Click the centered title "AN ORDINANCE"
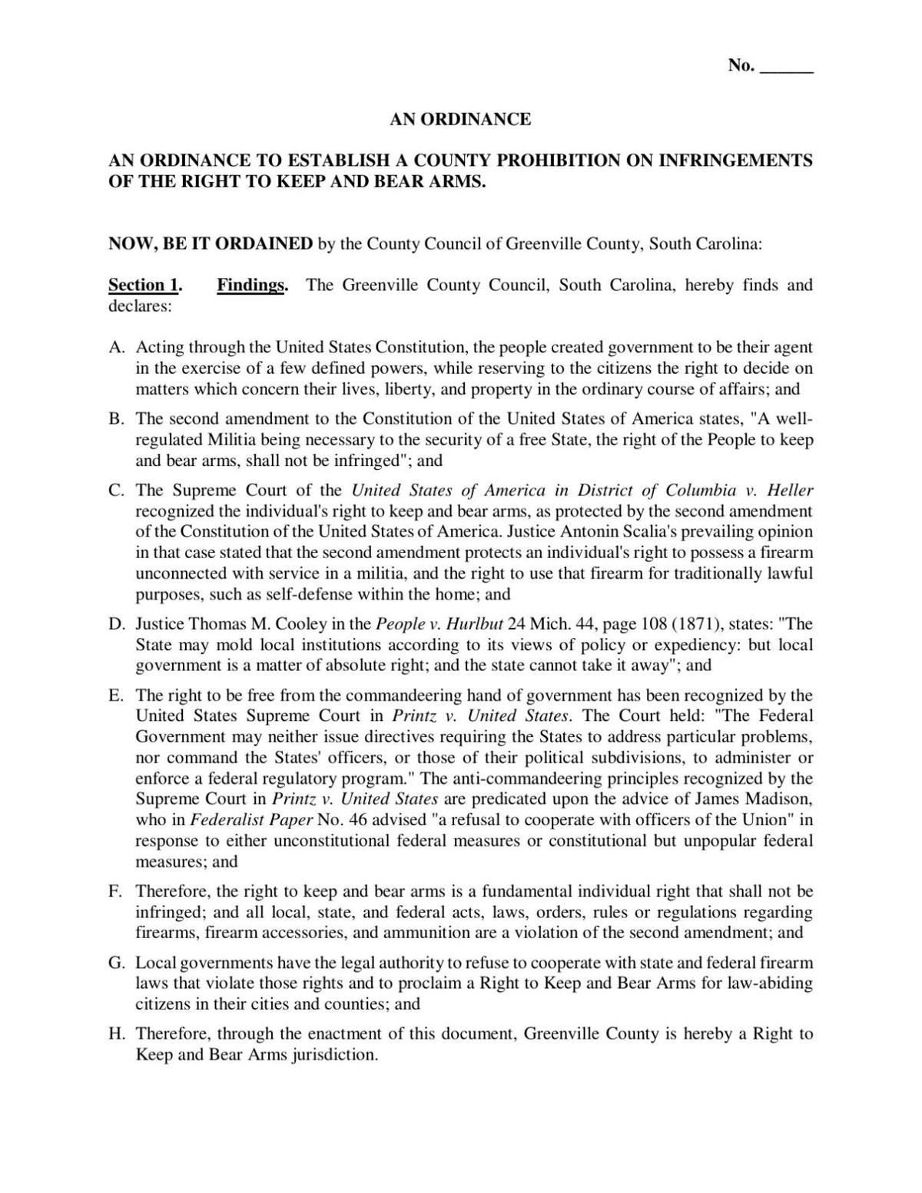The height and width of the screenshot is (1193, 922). [460, 119]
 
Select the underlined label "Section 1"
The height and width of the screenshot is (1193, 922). [144, 286]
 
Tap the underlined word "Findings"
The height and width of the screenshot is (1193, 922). [250, 286]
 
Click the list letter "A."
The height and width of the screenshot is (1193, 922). [117, 347]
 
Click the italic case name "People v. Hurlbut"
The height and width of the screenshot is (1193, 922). [434, 624]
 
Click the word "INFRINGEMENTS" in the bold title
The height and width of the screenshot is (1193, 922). [736, 160]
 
